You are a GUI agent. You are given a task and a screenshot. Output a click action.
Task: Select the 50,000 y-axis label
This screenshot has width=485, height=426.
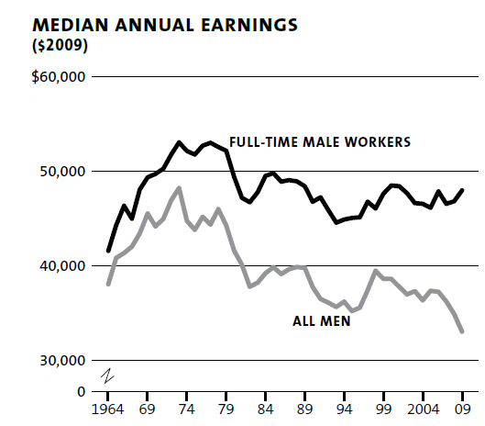tap(61, 172)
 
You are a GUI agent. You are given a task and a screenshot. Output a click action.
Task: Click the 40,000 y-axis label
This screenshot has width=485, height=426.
tap(61, 266)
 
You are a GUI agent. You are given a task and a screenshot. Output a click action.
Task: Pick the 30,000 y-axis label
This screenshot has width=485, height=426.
tap(61, 361)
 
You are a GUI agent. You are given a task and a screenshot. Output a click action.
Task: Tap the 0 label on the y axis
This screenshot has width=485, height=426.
tap(81, 391)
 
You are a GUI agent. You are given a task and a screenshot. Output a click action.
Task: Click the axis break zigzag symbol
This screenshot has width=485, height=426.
tap(106, 376)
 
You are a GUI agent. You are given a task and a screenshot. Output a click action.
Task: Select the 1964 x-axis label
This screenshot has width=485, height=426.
tap(108, 409)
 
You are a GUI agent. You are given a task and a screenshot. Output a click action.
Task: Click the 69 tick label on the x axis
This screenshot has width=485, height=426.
tap(147, 409)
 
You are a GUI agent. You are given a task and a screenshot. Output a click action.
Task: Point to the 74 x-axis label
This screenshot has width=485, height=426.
tap(186, 409)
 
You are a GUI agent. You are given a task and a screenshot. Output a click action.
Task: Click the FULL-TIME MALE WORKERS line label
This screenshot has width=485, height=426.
tap(319, 141)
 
